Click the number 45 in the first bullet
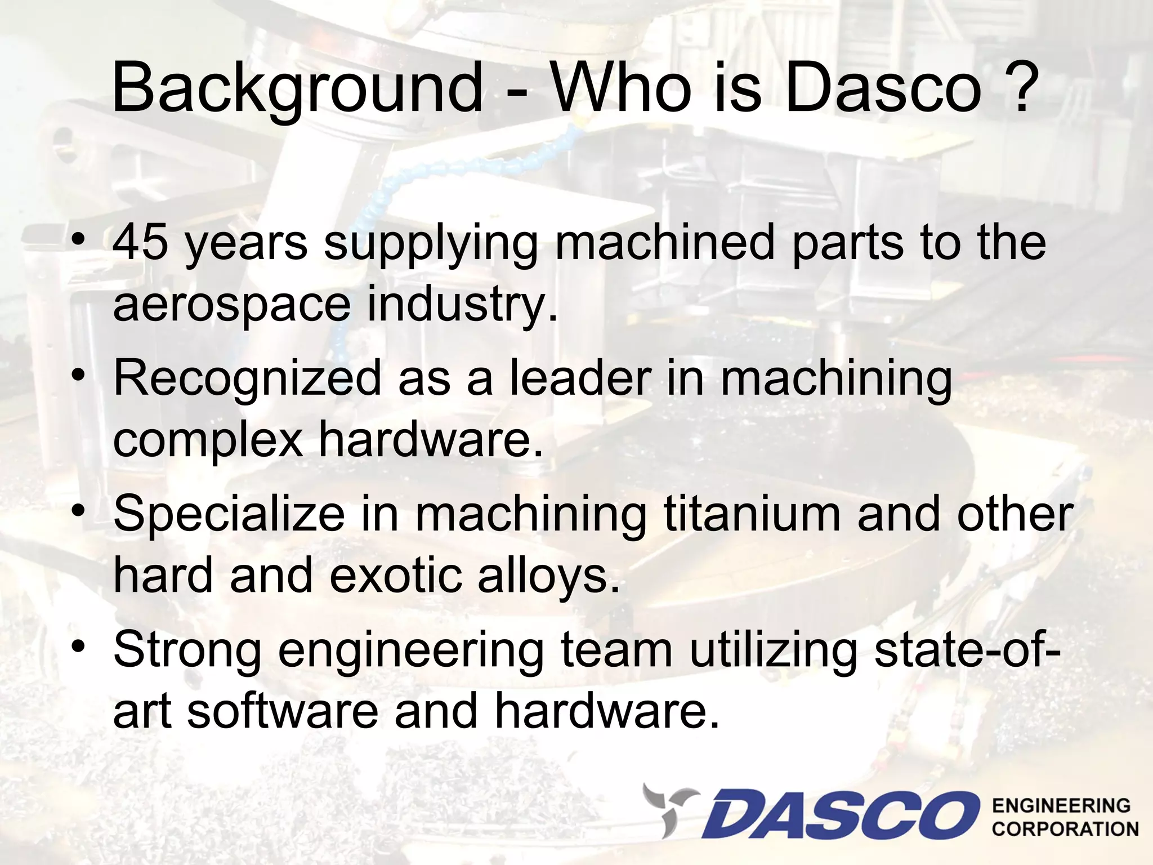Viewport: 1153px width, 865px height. [141, 242]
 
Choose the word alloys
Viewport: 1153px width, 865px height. [549, 577]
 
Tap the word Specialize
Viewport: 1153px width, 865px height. [229, 514]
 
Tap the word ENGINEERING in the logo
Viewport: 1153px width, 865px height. [1061, 805]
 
